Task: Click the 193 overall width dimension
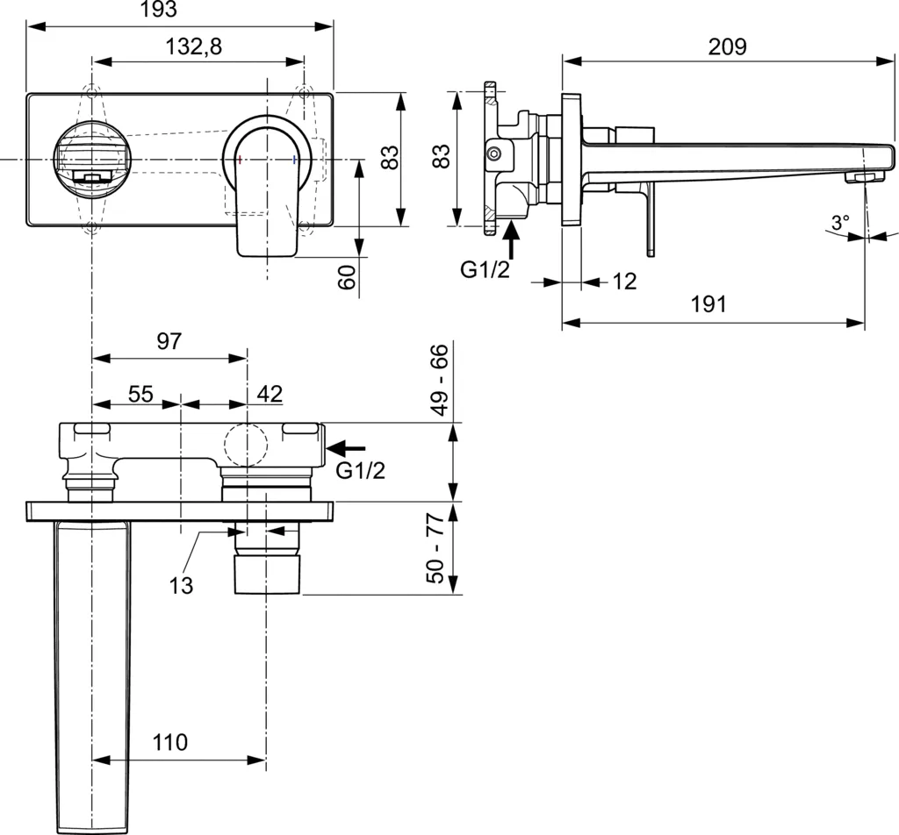pyautogui.click(x=157, y=11)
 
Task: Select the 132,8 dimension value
pyautogui.click(x=194, y=47)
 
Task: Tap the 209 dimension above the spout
pyautogui.click(x=728, y=46)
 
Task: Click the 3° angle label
pyautogui.click(x=841, y=224)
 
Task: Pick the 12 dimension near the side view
pyautogui.click(x=624, y=282)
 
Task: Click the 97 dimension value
pyautogui.click(x=169, y=342)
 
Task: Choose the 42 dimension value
pyautogui.click(x=270, y=394)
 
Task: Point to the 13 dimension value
pyautogui.click(x=181, y=585)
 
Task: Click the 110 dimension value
pyautogui.click(x=170, y=743)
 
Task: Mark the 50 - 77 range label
pyautogui.click(x=438, y=549)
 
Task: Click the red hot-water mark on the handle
pyautogui.click(x=240, y=160)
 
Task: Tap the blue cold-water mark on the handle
pyautogui.click(x=293, y=160)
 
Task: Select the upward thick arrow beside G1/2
pyautogui.click(x=512, y=239)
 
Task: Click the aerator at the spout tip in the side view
pyautogui.click(x=861, y=178)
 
